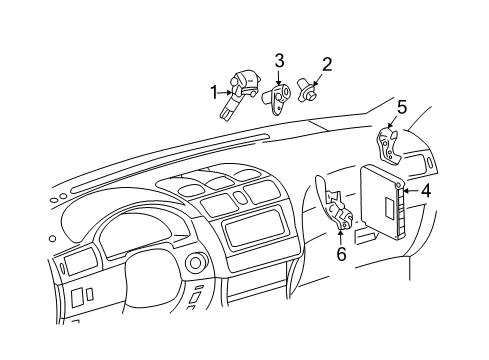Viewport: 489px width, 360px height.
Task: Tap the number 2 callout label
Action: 326,66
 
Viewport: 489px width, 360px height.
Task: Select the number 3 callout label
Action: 279,61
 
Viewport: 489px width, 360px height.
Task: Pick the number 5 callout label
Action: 402,105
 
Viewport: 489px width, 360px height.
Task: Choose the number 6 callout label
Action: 341,253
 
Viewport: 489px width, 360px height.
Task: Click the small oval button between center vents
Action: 240,198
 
